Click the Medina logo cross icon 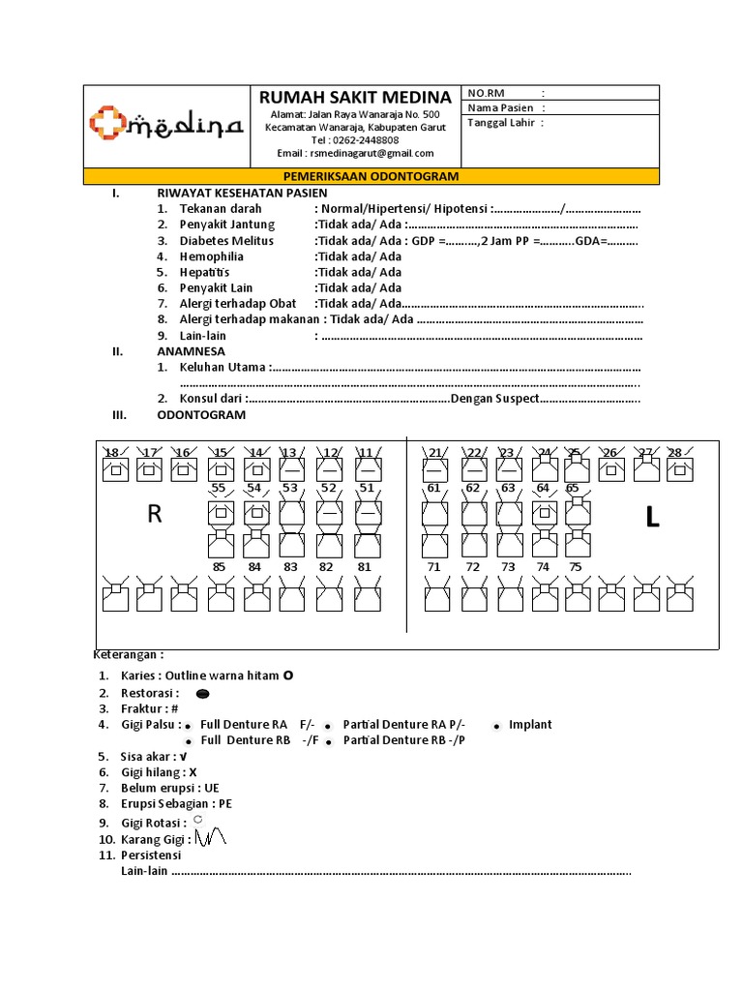click(107, 123)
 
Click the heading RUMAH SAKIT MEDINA click(354, 97)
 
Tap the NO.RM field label click(488, 93)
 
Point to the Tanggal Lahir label click(501, 123)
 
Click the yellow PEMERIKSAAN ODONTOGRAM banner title click(371, 177)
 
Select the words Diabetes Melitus click(226, 241)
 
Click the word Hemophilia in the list click(211, 256)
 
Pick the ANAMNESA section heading click(191, 351)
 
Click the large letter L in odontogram click(652, 519)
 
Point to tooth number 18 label click(112, 453)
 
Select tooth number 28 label click(675, 453)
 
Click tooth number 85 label click(220, 566)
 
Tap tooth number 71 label click(433, 566)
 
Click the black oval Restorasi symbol click(203, 694)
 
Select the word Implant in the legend click(530, 724)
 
